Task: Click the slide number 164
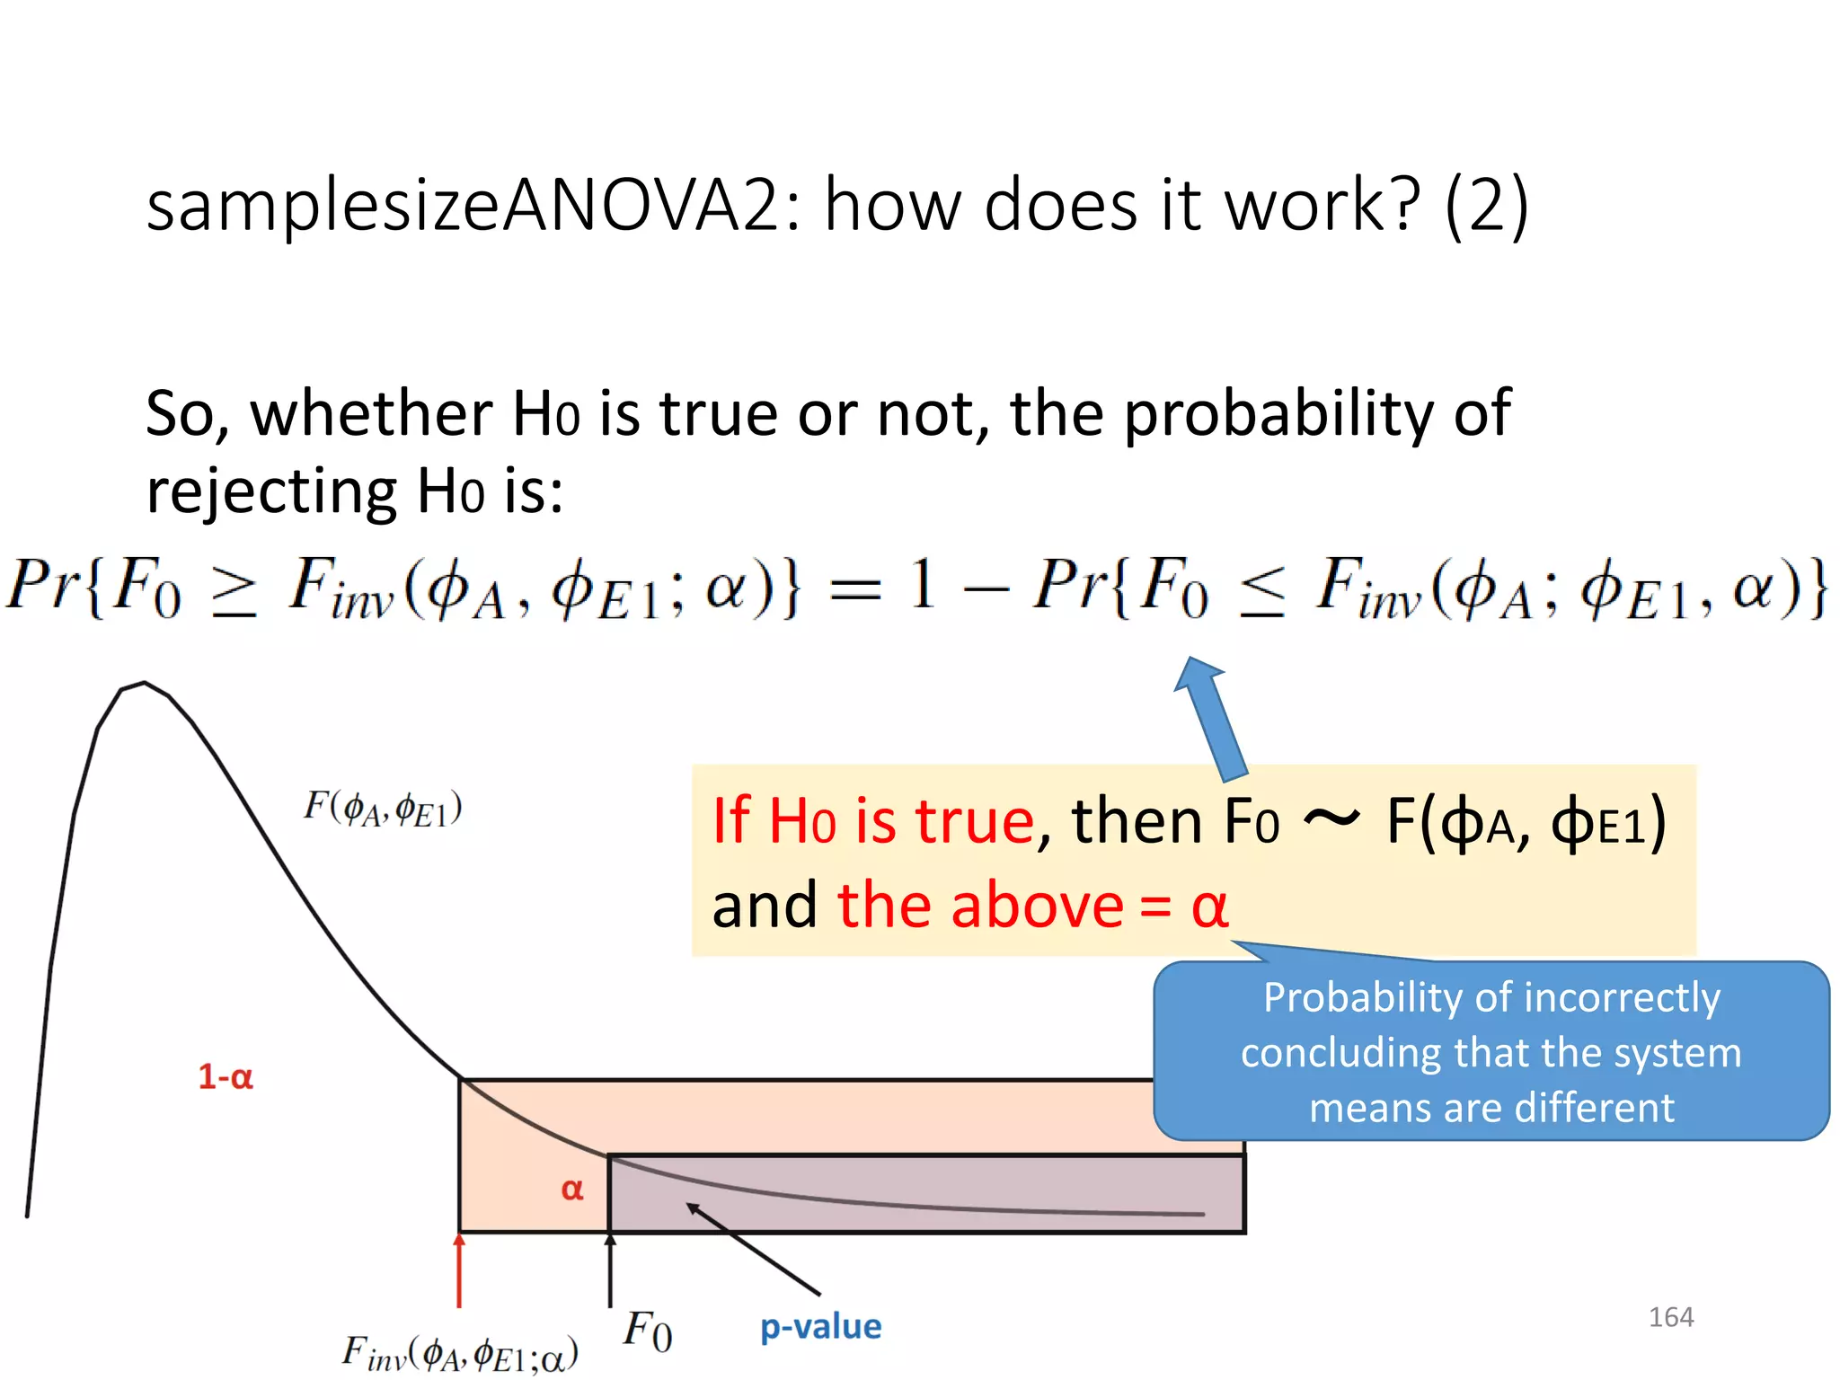click(x=1670, y=1317)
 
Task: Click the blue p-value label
click(x=820, y=1326)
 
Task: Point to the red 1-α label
click(x=226, y=1076)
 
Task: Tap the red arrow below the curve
click(x=459, y=1270)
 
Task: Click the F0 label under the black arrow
click(x=647, y=1331)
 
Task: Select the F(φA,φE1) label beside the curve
click(x=383, y=808)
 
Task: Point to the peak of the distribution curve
click(x=144, y=684)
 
